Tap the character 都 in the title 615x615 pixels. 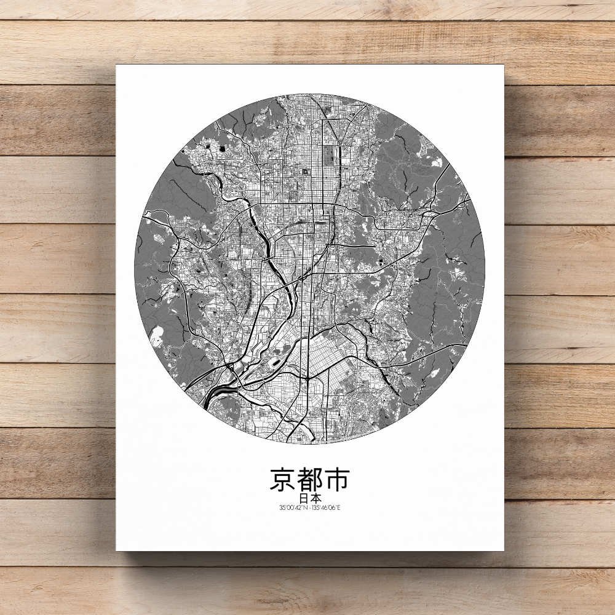[x=309, y=480]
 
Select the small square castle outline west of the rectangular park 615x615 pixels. [x=305, y=173]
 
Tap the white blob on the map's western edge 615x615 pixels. [x=156, y=335]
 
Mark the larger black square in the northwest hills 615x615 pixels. [x=206, y=146]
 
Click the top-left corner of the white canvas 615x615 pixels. [x=116, y=65]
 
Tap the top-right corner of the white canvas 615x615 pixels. [x=504, y=65]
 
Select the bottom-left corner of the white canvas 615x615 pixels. [x=116, y=550]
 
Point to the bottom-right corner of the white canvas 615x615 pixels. [x=504, y=550]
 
